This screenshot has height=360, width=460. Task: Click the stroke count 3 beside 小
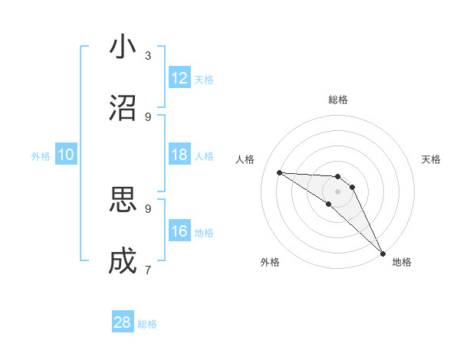[148, 56]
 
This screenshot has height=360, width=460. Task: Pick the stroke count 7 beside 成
[148, 270]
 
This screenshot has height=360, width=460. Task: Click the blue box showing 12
[179, 78]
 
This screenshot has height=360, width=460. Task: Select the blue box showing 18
[179, 155]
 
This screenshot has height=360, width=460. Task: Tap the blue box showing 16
[179, 231]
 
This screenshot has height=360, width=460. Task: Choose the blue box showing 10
[66, 155]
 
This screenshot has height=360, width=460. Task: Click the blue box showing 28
[123, 322]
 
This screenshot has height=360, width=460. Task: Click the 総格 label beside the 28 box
[148, 324]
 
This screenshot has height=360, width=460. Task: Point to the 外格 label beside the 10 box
[41, 156]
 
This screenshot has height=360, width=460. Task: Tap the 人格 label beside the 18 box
[205, 156]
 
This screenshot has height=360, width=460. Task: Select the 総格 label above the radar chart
[338, 100]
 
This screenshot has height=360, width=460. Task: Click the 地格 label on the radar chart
[402, 262]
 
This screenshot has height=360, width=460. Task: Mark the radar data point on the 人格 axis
[279, 172]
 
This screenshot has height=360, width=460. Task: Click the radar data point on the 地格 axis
[383, 253]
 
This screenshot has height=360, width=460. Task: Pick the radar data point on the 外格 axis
[329, 204]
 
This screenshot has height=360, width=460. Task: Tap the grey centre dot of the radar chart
[338, 191]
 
